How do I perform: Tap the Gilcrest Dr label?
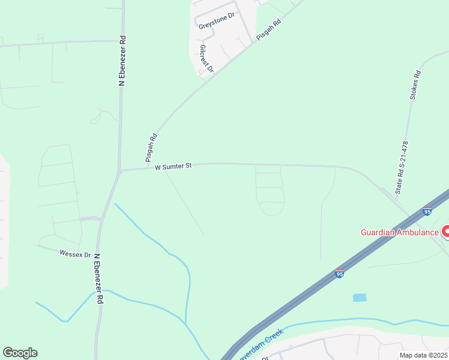[206, 59]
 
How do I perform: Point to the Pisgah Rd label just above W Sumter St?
[151, 148]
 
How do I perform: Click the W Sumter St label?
[173, 166]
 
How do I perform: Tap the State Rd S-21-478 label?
[401, 167]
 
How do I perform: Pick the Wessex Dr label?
[75, 254]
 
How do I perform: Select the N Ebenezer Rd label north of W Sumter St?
[122, 61]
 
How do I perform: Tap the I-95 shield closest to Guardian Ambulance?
[427, 211]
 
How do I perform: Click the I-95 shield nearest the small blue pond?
[339, 274]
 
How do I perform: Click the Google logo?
[20, 353]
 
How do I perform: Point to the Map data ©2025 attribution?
[423, 355]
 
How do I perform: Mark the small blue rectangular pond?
[360, 297]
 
